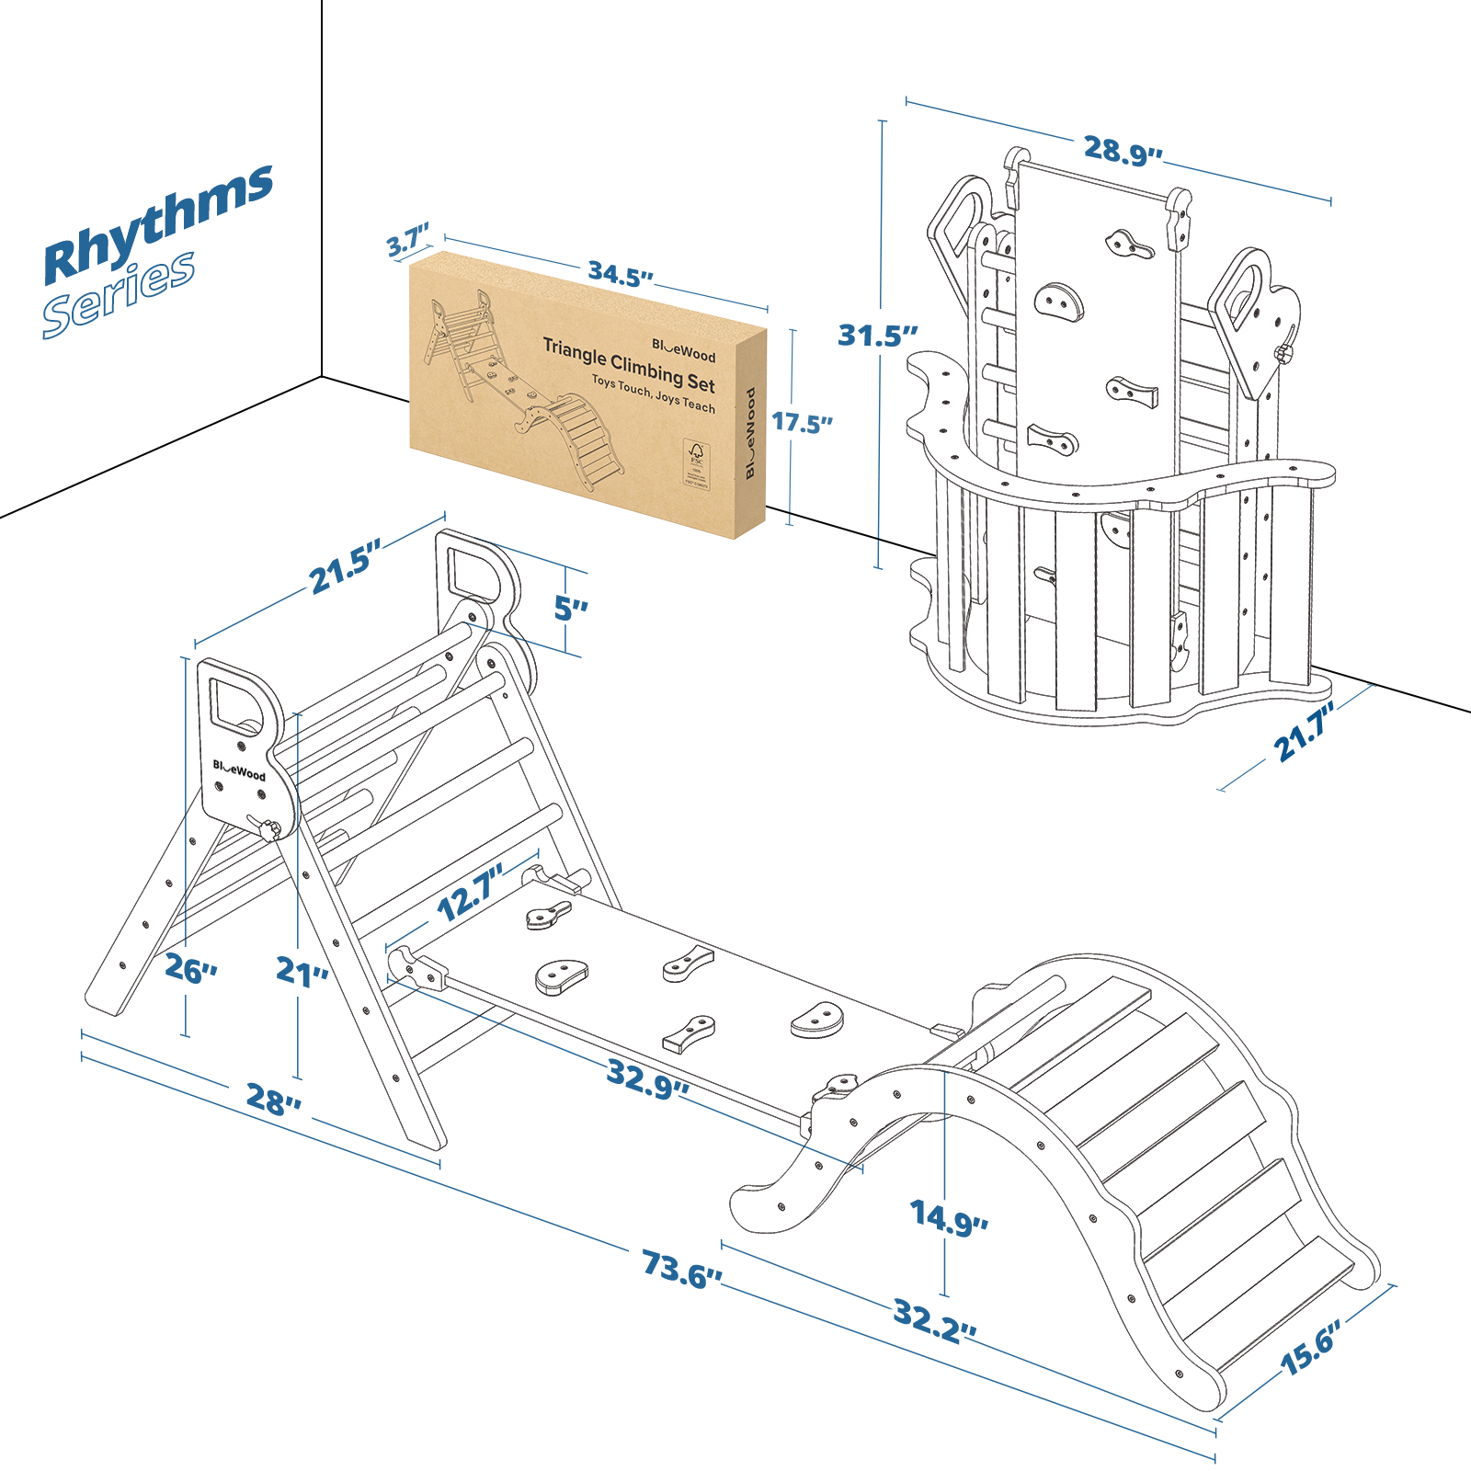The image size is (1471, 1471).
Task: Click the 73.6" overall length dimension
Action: pyautogui.click(x=681, y=1269)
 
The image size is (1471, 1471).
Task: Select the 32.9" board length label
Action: pyautogui.click(x=647, y=1078)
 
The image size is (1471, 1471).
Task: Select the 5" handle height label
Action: pyautogui.click(x=570, y=608)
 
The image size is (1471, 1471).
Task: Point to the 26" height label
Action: pyautogui.click(x=190, y=968)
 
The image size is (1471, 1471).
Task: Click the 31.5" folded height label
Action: pyautogui.click(x=877, y=336)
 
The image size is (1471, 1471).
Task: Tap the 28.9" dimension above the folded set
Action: pyautogui.click(x=1122, y=150)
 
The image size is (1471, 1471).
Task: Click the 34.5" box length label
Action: pyautogui.click(x=621, y=274)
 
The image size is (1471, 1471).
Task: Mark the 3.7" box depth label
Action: pyautogui.click(x=407, y=243)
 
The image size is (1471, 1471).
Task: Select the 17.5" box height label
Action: pyautogui.click(x=802, y=423)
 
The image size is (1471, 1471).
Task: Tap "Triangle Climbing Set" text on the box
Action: pyautogui.click(x=629, y=364)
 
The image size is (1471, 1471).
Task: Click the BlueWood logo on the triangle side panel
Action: pyautogui.click(x=239, y=770)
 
